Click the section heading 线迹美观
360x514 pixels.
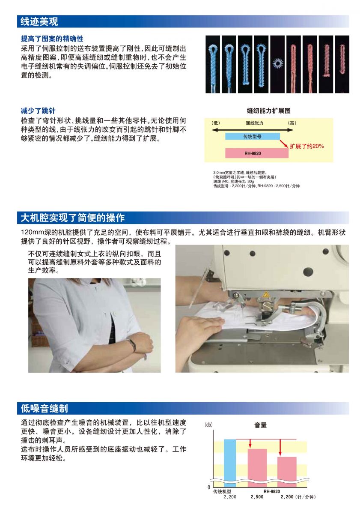point(39,21)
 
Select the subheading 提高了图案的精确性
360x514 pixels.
point(52,39)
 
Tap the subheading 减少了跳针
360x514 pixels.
point(38,111)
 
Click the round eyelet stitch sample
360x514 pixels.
point(277,63)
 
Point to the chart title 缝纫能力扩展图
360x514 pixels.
point(268,111)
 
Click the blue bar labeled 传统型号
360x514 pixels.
point(252,137)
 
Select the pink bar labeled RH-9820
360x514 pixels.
point(256,153)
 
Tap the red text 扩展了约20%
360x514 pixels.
point(306,146)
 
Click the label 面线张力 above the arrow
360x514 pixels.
point(254,123)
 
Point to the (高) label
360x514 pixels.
point(292,123)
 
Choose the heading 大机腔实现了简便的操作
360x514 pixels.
point(73,218)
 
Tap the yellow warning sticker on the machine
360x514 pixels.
point(266,294)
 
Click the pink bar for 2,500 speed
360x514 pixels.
point(257,468)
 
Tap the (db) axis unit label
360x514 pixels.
point(208,424)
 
